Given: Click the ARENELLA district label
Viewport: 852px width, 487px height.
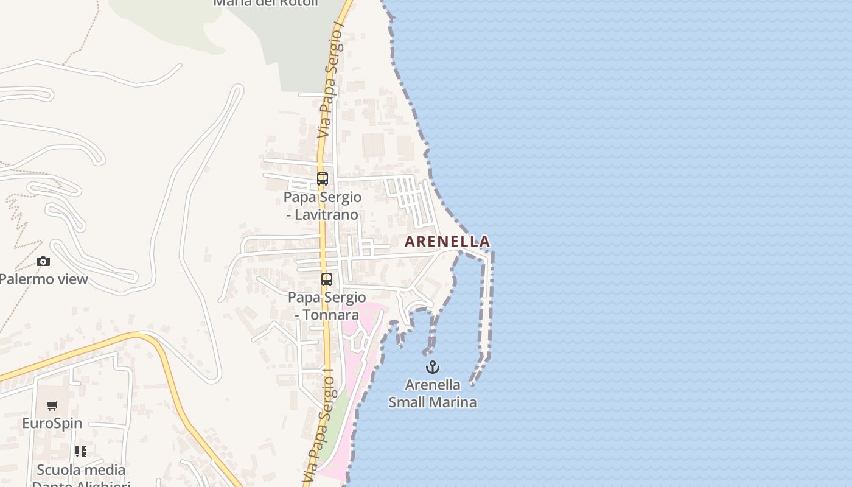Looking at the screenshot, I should click(x=447, y=242).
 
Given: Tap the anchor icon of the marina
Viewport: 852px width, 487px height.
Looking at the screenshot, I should click(x=432, y=367).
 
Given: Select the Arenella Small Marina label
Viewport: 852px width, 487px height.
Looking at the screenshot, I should click(x=432, y=393).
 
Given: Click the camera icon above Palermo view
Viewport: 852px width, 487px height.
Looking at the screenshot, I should click(x=43, y=262).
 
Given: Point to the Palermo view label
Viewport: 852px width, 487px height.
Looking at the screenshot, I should click(x=44, y=279).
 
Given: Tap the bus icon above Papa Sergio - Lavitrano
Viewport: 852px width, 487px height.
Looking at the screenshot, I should click(x=323, y=179).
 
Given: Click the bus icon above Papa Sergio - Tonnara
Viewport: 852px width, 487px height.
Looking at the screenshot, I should click(x=327, y=279).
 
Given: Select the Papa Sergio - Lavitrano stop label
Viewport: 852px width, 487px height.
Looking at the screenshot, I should click(x=323, y=206).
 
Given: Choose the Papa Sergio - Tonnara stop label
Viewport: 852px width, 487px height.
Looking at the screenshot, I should click(x=327, y=306).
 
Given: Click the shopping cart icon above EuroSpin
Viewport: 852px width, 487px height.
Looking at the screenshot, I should click(x=52, y=405).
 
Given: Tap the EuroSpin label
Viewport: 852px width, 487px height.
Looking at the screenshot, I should click(x=52, y=423).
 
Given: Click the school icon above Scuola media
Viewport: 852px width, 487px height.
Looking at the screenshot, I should click(x=81, y=452).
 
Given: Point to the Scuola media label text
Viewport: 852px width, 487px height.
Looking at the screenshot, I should click(x=81, y=470).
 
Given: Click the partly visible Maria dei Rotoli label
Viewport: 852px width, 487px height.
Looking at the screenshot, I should click(x=266, y=3).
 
